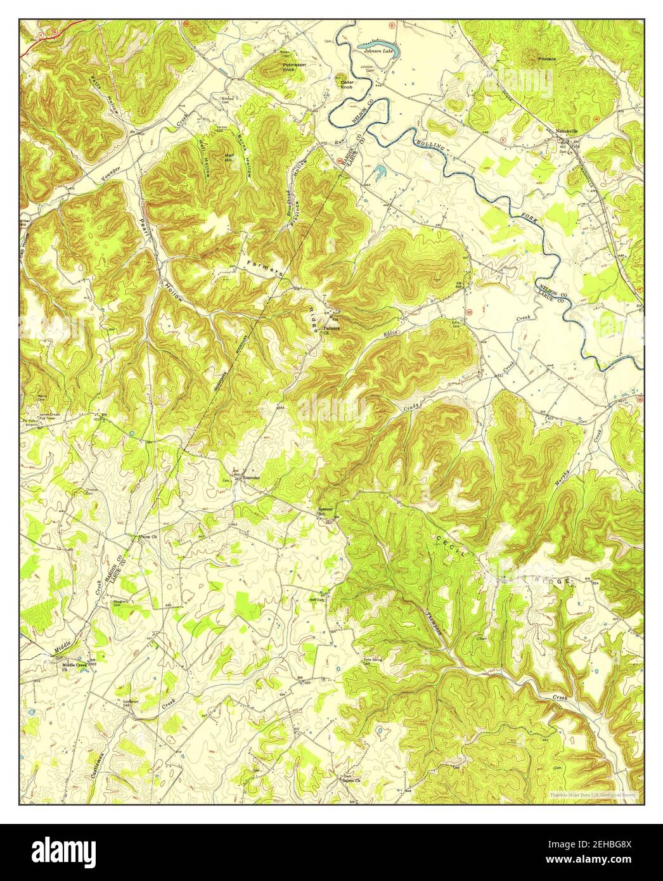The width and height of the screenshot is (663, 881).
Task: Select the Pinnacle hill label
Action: [x=547, y=58]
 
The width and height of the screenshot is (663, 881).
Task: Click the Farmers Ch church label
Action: [x=331, y=328]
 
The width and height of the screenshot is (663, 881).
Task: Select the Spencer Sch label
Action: [x=325, y=511]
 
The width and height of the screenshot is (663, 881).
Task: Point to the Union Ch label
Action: [x=148, y=537]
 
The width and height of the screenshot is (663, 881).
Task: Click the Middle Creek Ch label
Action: [x=74, y=667]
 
